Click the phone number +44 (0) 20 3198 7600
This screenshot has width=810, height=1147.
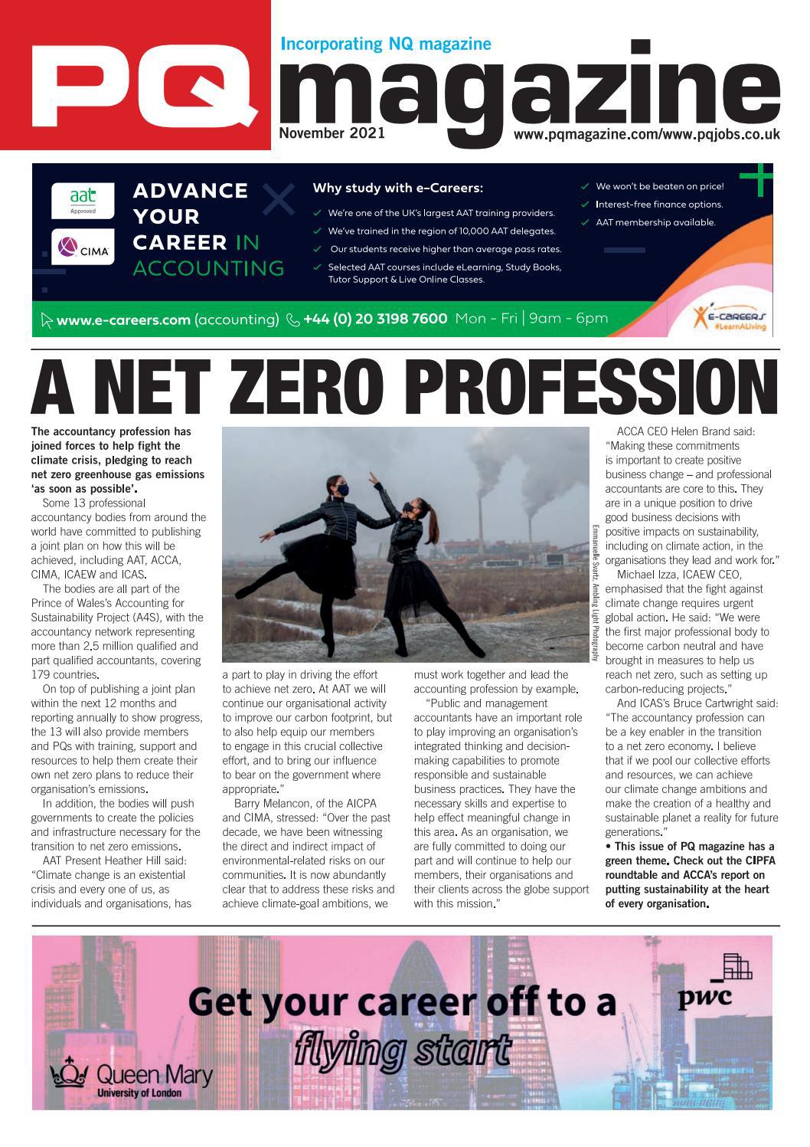(x=374, y=319)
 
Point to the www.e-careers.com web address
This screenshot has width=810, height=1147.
(x=122, y=320)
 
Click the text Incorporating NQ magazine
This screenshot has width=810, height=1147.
(x=386, y=44)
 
